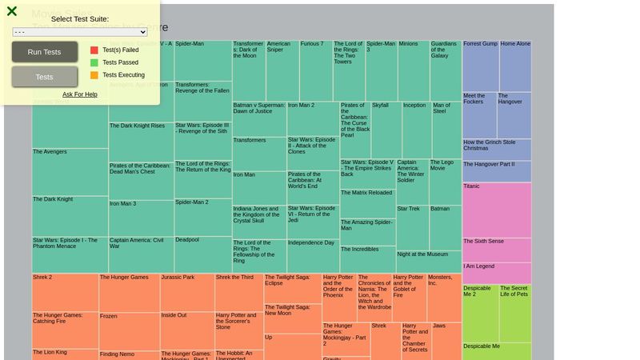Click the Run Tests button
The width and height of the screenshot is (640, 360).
(44, 52)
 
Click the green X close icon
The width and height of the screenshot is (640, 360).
(12, 11)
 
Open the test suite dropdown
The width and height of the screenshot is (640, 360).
(80, 32)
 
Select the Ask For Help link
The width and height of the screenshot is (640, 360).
(80, 94)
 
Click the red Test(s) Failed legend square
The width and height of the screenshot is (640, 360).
(94, 50)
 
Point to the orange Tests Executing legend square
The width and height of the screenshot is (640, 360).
(94, 75)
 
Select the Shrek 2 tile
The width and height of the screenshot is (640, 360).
(65, 292)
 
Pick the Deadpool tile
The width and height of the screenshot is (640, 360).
(203, 254)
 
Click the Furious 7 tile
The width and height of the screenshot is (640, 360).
(316, 70)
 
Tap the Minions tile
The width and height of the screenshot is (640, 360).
(414, 70)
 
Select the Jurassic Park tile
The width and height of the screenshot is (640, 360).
(187, 292)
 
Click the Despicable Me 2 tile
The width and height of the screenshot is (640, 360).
(480, 313)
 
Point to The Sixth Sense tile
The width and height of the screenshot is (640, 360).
(496, 250)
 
